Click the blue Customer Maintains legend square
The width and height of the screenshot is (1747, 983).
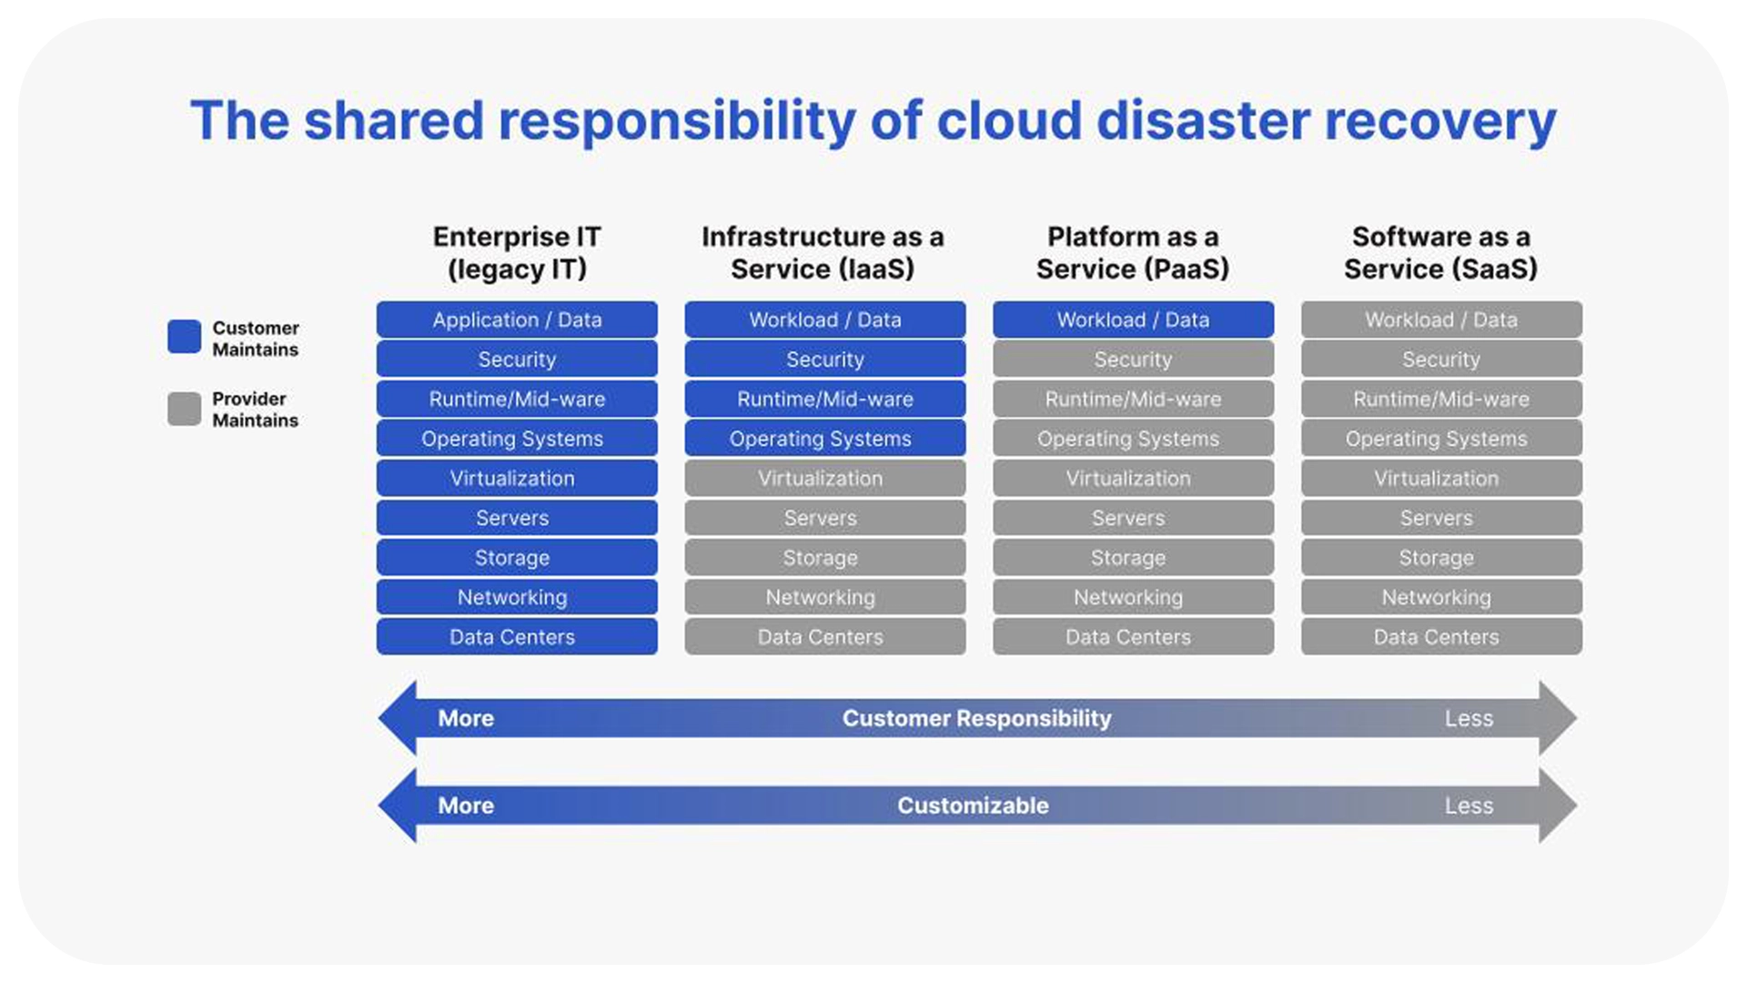click(x=184, y=337)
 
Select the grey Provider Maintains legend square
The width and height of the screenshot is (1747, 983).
click(x=184, y=409)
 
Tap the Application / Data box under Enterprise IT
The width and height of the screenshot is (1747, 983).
click(x=517, y=319)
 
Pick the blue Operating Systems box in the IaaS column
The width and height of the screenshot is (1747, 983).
click(x=824, y=438)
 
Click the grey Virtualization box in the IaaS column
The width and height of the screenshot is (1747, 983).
click(x=824, y=478)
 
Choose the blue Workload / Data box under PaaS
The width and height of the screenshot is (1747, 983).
click(x=1133, y=319)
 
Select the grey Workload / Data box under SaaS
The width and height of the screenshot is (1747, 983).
click(x=1441, y=319)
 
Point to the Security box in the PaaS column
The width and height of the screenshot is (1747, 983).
click(x=1133, y=360)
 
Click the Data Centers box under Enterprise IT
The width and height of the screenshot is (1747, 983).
click(x=517, y=637)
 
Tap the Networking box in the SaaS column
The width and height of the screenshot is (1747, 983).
click(x=1441, y=597)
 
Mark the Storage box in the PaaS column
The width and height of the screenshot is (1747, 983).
click(x=1133, y=557)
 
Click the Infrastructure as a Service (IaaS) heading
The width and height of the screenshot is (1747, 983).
click(x=823, y=253)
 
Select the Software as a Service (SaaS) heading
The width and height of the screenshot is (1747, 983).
click(x=1440, y=253)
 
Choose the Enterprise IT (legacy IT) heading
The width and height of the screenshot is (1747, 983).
click(x=517, y=253)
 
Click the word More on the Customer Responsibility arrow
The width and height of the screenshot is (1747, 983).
click(x=466, y=718)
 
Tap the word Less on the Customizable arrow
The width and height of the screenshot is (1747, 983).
click(x=1469, y=806)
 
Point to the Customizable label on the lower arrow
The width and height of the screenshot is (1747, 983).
click(x=973, y=806)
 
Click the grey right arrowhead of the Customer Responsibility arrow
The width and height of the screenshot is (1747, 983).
click(x=1558, y=718)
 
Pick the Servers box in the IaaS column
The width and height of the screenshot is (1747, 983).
click(x=824, y=518)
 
